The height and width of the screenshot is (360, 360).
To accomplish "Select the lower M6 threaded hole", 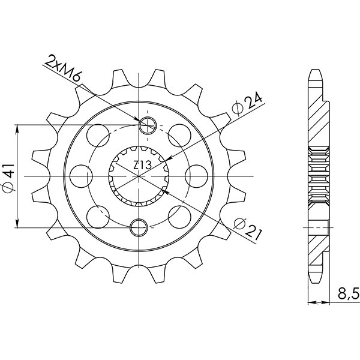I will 139,226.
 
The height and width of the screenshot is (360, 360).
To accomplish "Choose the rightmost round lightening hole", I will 196,176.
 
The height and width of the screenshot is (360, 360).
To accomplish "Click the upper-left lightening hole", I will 97,133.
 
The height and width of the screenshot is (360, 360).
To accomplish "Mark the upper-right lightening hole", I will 179,133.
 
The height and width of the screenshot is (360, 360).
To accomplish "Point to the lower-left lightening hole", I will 97,214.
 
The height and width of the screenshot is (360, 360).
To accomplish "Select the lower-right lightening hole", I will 179,214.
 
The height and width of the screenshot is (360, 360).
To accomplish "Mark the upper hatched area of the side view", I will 319,120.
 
